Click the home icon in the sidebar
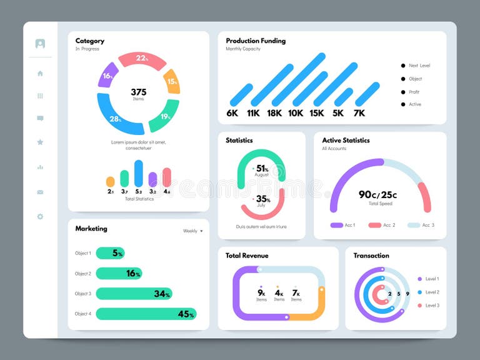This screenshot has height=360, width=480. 40,73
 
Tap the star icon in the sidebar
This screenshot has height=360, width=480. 40,142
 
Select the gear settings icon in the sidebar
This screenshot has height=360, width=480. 40,216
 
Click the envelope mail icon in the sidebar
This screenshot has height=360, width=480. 40,192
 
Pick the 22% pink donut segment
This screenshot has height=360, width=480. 142,59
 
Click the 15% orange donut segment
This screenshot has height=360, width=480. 172,81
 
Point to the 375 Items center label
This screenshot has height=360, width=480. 138,94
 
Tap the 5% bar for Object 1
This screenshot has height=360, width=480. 110,253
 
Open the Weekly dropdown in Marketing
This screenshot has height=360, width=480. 192,231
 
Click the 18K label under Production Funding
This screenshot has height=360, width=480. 274,113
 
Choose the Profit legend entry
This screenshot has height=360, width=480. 414,92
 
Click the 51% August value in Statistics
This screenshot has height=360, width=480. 262,169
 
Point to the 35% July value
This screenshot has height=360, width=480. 262,199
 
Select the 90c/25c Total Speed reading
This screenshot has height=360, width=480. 377,195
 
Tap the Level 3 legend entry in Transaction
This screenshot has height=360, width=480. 432,305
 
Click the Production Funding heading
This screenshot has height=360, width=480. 256,41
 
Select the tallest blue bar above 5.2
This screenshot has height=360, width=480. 139,173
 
